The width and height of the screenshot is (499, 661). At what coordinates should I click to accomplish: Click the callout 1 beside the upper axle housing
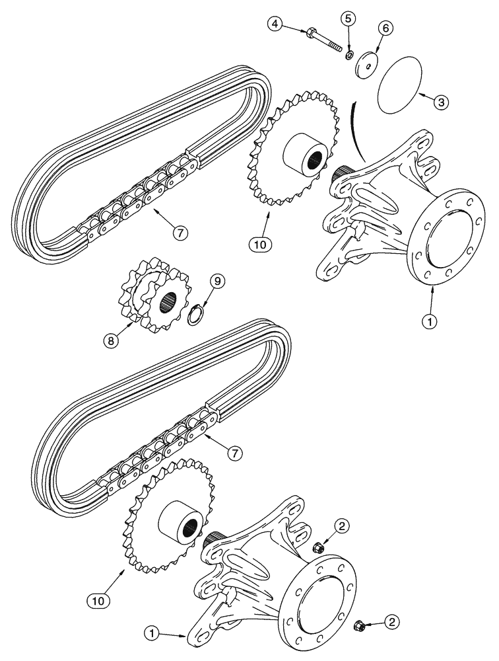click(x=430, y=321)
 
